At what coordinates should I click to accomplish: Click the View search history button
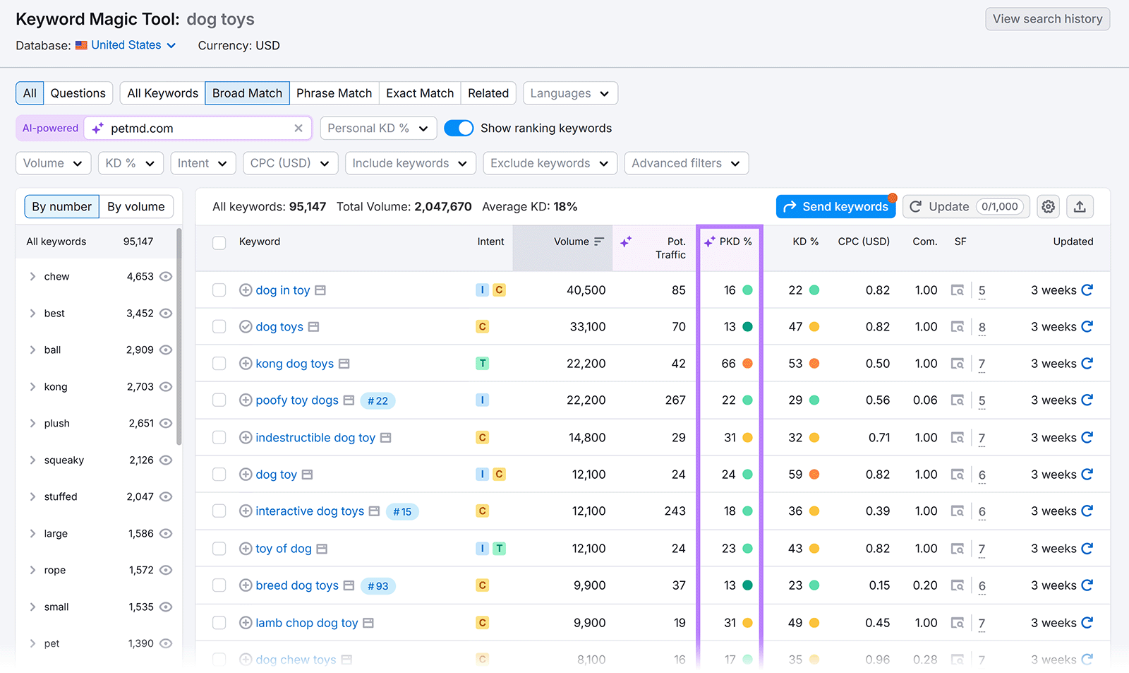click(x=1047, y=19)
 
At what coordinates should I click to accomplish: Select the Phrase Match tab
click(x=334, y=93)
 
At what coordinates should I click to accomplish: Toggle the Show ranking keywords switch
click(x=459, y=128)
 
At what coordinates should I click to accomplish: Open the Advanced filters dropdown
click(x=686, y=163)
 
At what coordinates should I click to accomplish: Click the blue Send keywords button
click(x=835, y=206)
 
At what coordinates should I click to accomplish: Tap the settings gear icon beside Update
click(x=1049, y=206)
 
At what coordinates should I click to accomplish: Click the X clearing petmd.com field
click(x=298, y=128)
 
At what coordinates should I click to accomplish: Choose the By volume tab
click(x=135, y=206)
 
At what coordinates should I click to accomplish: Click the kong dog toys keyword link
click(x=294, y=364)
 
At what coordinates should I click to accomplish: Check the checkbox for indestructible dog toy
click(x=219, y=438)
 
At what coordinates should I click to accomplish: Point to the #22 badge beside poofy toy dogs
click(x=378, y=400)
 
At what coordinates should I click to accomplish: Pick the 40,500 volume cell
click(x=586, y=290)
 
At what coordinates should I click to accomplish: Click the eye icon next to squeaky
click(x=166, y=460)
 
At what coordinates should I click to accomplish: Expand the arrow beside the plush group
click(x=32, y=423)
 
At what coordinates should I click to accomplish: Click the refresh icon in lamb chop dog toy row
click(x=1087, y=622)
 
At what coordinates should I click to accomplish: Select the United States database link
click(x=126, y=45)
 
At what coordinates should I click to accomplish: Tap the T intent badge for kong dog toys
click(x=483, y=364)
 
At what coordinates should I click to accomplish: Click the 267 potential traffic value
click(x=675, y=400)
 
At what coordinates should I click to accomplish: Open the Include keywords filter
click(x=409, y=163)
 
